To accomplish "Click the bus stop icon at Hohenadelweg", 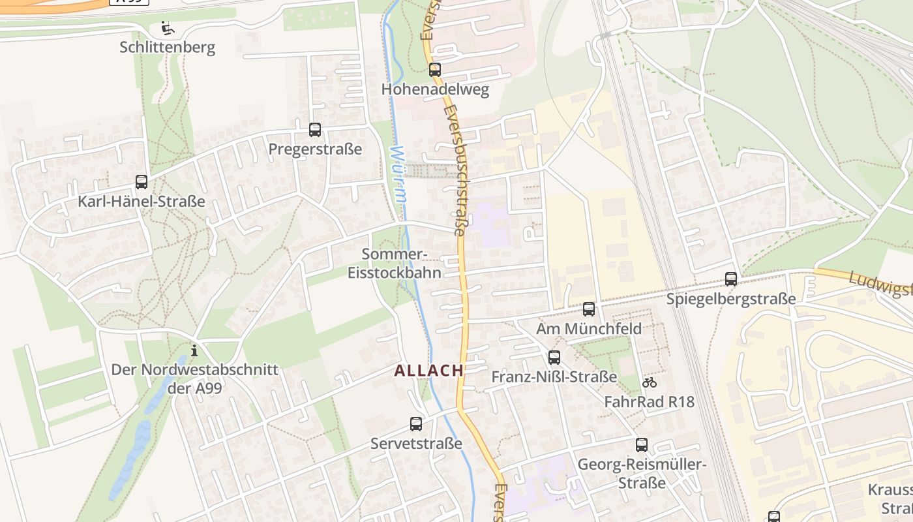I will click(x=435, y=69).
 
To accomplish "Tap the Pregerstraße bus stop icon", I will click(x=315, y=129).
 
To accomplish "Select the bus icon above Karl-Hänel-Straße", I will click(x=142, y=181).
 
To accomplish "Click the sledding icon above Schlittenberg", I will click(x=168, y=28).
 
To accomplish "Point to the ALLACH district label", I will click(x=428, y=371).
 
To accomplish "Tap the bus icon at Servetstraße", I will click(x=416, y=424).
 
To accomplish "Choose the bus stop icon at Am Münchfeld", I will click(x=589, y=309).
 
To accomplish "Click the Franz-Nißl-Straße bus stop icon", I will click(x=554, y=357).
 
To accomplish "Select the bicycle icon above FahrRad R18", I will click(x=650, y=382).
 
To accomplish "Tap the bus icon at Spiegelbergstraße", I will click(x=731, y=279).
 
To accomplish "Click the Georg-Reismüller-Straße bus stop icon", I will click(x=642, y=445).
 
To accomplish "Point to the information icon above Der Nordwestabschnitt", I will click(x=194, y=350).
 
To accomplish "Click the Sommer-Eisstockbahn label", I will click(x=395, y=264).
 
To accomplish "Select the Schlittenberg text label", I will click(x=168, y=47).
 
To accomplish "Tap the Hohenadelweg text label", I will click(x=435, y=89).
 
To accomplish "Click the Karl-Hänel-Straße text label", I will click(x=142, y=202).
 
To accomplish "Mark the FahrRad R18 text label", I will click(x=650, y=402).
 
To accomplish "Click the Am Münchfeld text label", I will click(x=589, y=328).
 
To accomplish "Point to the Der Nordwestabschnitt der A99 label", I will click(x=194, y=378).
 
